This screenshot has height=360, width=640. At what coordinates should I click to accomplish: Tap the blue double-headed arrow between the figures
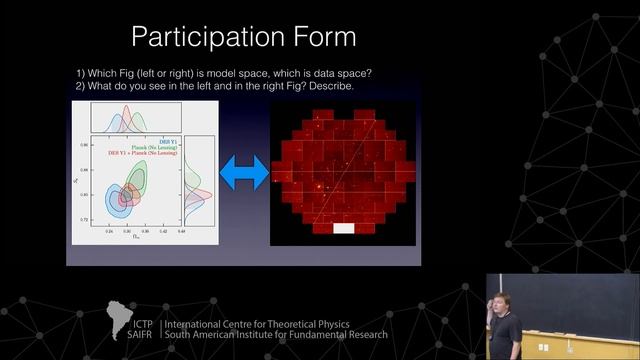(245, 172)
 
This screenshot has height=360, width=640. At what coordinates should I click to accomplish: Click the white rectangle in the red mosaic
(342, 228)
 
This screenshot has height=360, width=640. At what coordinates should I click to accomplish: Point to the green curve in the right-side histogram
(197, 176)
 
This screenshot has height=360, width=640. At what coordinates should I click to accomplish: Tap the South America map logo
(125, 319)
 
